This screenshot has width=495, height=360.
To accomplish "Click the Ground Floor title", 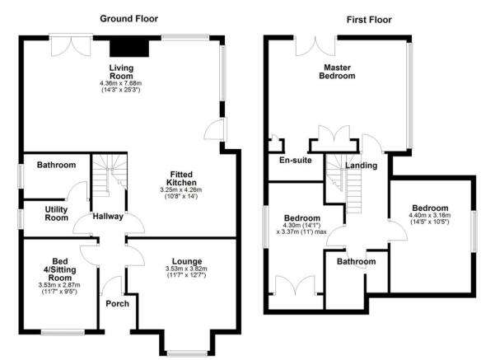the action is pyautogui.click(x=128, y=19).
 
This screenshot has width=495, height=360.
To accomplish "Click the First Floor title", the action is pyautogui.click(x=369, y=20).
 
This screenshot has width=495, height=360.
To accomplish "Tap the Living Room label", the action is pyautogui.click(x=121, y=72).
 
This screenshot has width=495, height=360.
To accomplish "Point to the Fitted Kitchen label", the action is pyautogui.click(x=181, y=179).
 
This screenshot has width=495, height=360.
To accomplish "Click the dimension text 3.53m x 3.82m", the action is pyautogui.click(x=186, y=269).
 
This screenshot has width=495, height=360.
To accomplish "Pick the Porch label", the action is pyautogui.click(x=118, y=304).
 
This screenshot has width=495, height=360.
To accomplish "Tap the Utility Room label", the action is pyautogui.click(x=57, y=214).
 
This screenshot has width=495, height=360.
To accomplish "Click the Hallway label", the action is pyautogui.click(x=108, y=217).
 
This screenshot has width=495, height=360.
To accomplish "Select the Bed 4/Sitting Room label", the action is pyautogui.click(x=59, y=269).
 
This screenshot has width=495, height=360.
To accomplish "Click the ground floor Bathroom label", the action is pyautogui.click(x=56, y=165).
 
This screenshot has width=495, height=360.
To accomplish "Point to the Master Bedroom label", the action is pyautogui.click(x=337, y=72).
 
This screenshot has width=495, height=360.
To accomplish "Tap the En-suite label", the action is pyautogui.click(x=296, y=160).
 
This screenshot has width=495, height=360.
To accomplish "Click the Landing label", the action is pyautogui.click(x=361, y=166).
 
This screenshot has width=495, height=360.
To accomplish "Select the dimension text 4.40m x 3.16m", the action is pyautogui.click(x=430, y=216).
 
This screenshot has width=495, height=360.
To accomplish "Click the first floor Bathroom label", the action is pyautogui.click(x=356, y=261).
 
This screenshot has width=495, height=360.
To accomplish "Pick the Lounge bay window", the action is pyautogui.click(x=187, y=353).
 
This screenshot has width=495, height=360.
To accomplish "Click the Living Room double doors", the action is pyautogui.click(x=71, y=45).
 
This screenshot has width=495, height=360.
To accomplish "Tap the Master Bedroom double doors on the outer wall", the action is pyautogui.click(x=315, y=46).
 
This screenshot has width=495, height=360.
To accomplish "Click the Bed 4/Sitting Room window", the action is pyautogui.click(x=63, y=332).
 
